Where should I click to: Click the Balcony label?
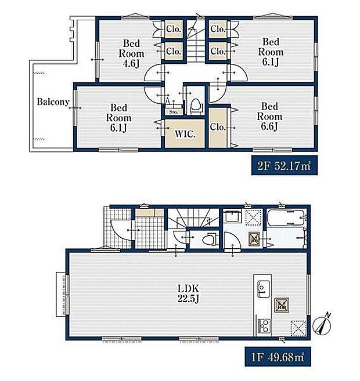(x=53, y=102)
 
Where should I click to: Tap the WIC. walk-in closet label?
(x=185, y=135)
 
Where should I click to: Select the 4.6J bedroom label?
(x=131, y=53)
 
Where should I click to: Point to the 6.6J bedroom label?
(x=269, y=117)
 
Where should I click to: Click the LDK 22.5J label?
(x=188, y=293)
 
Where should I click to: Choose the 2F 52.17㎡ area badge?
(x=285, y=165)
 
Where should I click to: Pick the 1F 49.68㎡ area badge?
(x=278, y=357)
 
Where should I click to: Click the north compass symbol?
(x=322, y=324)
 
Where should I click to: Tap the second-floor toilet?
(x=196, y=107)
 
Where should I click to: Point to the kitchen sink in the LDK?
(x=264, y=289)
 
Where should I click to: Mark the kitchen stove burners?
(x=264, y=325)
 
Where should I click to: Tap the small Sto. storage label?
(x=173, y=112)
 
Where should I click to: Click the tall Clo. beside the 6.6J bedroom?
(x=218, y=128)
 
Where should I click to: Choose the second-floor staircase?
(x=196, y=41)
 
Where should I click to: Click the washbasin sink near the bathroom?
(x=232, y=216)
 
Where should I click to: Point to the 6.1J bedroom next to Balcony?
(x=118, y=118)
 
